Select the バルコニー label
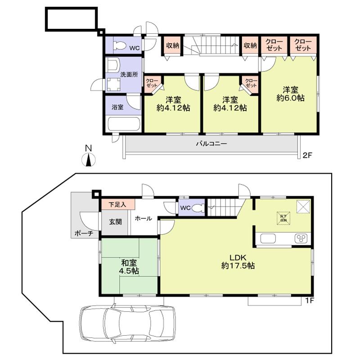pyautogui.click(x=211, y=144)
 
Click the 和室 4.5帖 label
pyautogui.click(x=129, y=267)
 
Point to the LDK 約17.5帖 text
pyautogui.click(x=238, y=261)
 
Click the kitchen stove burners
pyautogui.click(x=301, y=238)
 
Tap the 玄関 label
pyautogui.click(x=115, y=222)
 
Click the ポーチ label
pyautogui.click(x=84, y=234)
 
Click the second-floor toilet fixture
pyautogui.click(x=119, y=45)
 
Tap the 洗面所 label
pyautogui.click(x=129, y=76)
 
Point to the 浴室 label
pyautogui.click(x=118, y=107)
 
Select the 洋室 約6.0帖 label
pyautogui.click(x=290, y=93)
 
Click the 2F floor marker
pyautogui.click(x=307, y=156)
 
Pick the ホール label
pyautogui.click(x=143, y=219)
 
